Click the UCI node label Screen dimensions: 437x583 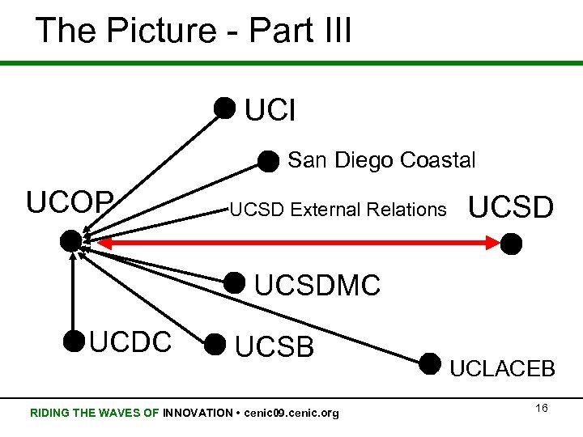[270, 110]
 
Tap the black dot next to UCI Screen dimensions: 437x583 [225, 107]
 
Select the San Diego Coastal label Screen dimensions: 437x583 [381, 160]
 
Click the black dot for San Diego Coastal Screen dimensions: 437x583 [268, 160]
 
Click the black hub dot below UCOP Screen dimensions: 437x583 [71, 240]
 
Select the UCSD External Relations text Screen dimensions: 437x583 [338, 210]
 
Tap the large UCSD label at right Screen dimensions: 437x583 [512, 208]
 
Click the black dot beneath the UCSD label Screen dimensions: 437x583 [511, 243]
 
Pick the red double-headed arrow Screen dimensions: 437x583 [291, 241]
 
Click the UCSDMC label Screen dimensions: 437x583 [317, 286]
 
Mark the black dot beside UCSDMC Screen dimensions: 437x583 [234, 282]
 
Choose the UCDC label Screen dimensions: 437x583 [130, 342]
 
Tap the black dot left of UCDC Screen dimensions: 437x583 [74, 342]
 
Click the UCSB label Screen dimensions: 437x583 [274, 346]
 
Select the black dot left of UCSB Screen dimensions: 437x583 [215, 345]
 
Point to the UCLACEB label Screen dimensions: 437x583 [502, 369]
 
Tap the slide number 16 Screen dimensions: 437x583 [542, 408]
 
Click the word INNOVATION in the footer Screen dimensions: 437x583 [198, 413]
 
